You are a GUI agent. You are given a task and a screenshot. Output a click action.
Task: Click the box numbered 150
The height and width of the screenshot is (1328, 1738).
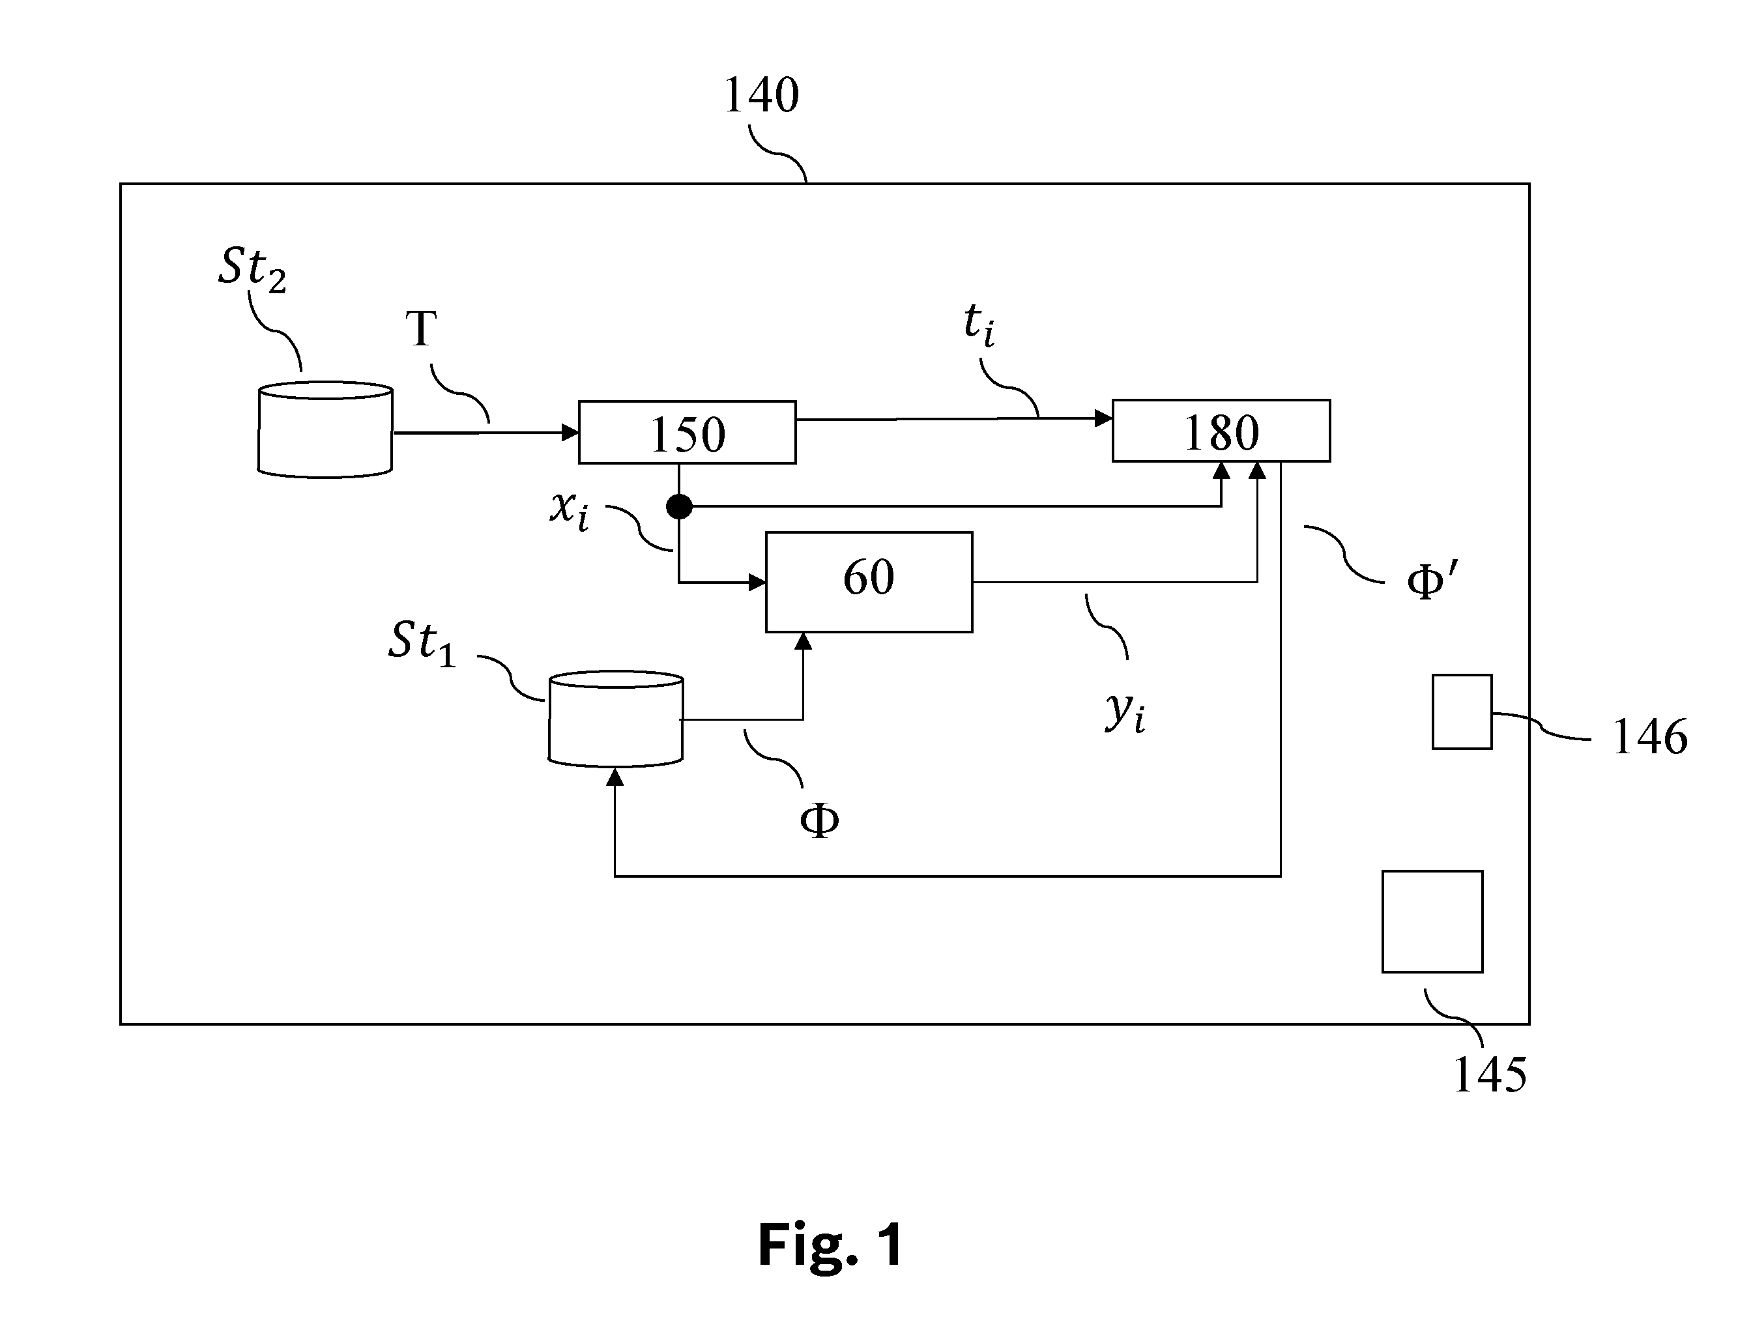pyautogui.click(x=687, y=431)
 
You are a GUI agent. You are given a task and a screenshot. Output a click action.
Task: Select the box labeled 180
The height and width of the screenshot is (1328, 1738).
pyautogui.click(x=1221, y=431)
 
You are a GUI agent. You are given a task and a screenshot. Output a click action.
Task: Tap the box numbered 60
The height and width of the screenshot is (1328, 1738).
pyautogui.click(x=869, y=582)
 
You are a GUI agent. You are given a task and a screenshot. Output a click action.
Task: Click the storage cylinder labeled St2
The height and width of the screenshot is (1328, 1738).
pyautogui.click(x=325, y=429)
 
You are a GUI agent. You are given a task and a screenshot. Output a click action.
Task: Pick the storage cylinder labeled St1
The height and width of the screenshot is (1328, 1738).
pyautogui.click(x=616, y=719)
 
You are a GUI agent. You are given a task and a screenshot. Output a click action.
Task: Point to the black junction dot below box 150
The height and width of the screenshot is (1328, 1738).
pyautogui.click(x=679, y=506)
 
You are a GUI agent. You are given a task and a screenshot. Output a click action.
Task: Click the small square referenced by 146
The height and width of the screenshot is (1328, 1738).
pyautogui.click(x=1462, y=712)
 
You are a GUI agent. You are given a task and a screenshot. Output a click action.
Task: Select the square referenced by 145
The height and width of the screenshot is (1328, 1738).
pyautogui.click(x=1432, y=921)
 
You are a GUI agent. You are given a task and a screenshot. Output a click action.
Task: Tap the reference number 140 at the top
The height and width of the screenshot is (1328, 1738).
pyautogui.click(x=761, y=96)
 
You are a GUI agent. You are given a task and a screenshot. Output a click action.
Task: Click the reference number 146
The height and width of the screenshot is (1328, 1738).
pyautogui.click(x=1649, y=738)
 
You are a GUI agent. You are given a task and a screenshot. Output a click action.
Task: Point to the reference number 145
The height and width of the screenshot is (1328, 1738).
pyautogui.click(x=1490, y=1075)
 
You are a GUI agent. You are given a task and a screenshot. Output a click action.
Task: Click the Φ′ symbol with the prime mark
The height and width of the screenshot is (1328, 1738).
pyautogui.click(x=1431, y=581)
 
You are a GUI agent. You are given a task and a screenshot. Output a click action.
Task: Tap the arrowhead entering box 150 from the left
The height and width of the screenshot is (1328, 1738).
pyautogui.click(x=570, y=433)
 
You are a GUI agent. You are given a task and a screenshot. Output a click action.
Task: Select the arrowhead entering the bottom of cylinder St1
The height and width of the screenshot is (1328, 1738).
pyautogui.click(x=615, y=777)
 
